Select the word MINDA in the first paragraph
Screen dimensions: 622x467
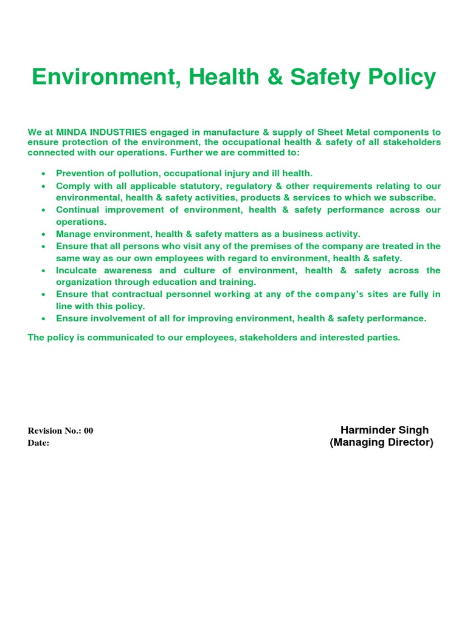click(x=72, y=132)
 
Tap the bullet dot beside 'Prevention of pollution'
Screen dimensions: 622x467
click(x=43, y=174)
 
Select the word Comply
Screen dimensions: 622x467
click(x=72, y=186)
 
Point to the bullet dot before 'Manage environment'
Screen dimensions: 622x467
click(x=43, y=234)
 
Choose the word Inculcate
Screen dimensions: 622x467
click(x=77, y=270)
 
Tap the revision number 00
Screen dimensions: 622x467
click(x=89, y=431)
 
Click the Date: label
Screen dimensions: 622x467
click(x=38, y=443)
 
